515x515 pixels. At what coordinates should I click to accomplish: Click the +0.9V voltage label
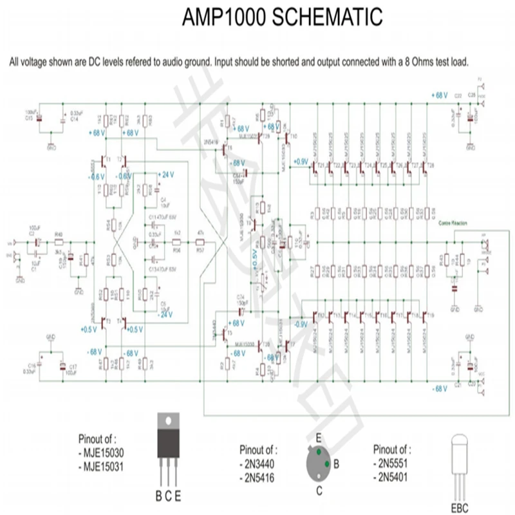(299, 161)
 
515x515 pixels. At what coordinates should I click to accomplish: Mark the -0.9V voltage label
(301, 325)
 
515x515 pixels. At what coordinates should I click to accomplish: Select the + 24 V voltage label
(165, 175)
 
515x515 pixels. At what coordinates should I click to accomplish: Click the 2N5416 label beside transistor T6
(211, 140)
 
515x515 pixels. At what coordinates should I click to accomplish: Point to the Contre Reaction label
(452, 223)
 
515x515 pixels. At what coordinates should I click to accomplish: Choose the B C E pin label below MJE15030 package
(169, 496)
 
